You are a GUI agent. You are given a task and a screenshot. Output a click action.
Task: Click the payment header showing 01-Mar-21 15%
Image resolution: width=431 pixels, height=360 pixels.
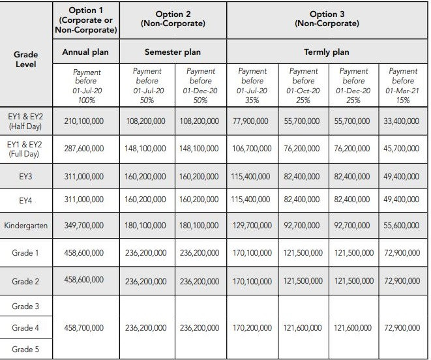pyautogui.click(x=402, y=85)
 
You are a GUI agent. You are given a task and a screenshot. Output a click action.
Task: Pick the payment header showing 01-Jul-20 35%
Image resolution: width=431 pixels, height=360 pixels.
pyautogui.click(x=252, y=85)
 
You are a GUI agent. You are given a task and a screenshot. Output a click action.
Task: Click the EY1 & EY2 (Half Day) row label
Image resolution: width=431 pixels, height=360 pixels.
pyautogui.click(x=26, y=121)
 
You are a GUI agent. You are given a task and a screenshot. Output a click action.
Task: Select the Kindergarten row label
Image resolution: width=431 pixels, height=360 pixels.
pyautogui.click(x=26, y=226)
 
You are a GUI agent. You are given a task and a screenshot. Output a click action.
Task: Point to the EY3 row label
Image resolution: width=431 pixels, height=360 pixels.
pyautogui.click(x=26, y=176)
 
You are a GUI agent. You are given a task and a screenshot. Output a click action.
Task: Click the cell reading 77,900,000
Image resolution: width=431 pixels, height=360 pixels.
pyautogui.click(x=252, y=121)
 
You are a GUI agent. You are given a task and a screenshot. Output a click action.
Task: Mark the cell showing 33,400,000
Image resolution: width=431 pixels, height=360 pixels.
pyautogui.click(x=402, y=121)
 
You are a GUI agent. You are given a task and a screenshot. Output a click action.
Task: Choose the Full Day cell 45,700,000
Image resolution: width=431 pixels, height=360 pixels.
pyautogui.click(x=402, y=149)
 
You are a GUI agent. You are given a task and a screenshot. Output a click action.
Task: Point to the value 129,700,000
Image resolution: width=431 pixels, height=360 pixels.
pyautogui.click(x=252, y=226)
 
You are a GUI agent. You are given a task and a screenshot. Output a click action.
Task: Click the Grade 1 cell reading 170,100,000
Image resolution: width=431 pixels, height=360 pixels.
pyautogui.click(x=252, y=253)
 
